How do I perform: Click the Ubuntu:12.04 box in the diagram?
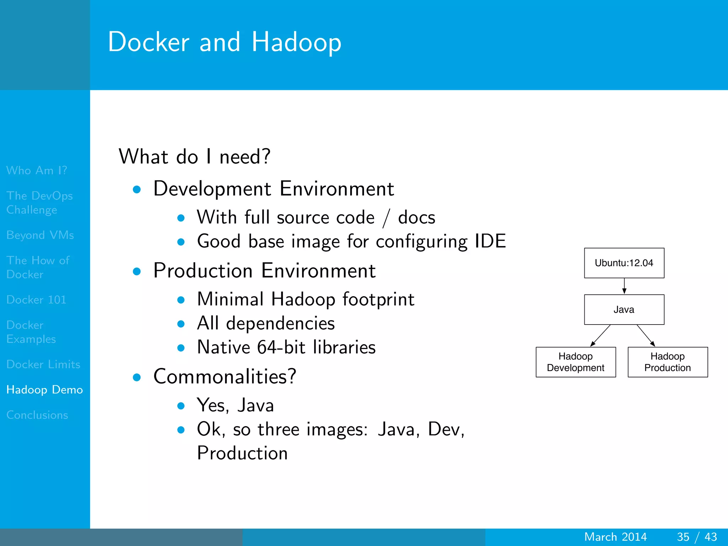point(624,263)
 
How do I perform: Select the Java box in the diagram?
point(624,310)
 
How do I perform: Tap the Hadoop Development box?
point(576,362)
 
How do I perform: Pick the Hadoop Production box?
point(668,362)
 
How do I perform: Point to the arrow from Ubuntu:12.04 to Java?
point(624,286)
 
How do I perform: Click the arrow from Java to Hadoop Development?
point(601,335)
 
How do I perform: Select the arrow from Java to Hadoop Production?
point(646,335)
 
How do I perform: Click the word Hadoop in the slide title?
point(296,42)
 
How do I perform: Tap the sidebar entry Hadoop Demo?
point(44,390)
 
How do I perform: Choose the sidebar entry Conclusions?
point(37,415)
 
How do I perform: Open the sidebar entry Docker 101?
point(36,300)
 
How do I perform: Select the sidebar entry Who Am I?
point(37,170)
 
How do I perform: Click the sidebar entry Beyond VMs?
point(40,235)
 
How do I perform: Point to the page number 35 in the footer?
point(683,537)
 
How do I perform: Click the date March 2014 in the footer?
point(615,537)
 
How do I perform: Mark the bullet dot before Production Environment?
point(137,272)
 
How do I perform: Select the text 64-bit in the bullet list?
point(281,347)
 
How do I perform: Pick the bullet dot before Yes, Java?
point(181,406)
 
